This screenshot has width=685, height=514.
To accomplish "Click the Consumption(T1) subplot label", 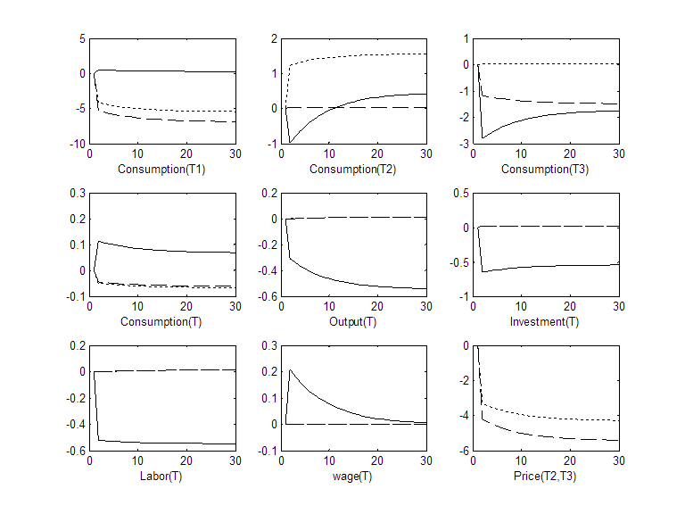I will click(162, 169).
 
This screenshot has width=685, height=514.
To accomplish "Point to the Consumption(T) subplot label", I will click(162, 321).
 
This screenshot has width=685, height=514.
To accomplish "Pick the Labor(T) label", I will click(162, 475).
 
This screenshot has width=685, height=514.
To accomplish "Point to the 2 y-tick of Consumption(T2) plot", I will click(274, 39).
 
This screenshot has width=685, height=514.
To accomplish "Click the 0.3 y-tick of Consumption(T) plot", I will click(74, 193).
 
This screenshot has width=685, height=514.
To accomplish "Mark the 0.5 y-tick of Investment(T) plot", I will click(458, 193).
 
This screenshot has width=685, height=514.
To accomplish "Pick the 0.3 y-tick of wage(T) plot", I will click(267, 345).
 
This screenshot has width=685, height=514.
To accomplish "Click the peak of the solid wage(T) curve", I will click(291, 369).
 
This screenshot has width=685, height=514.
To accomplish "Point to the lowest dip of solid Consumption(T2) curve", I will click(291, 142).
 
